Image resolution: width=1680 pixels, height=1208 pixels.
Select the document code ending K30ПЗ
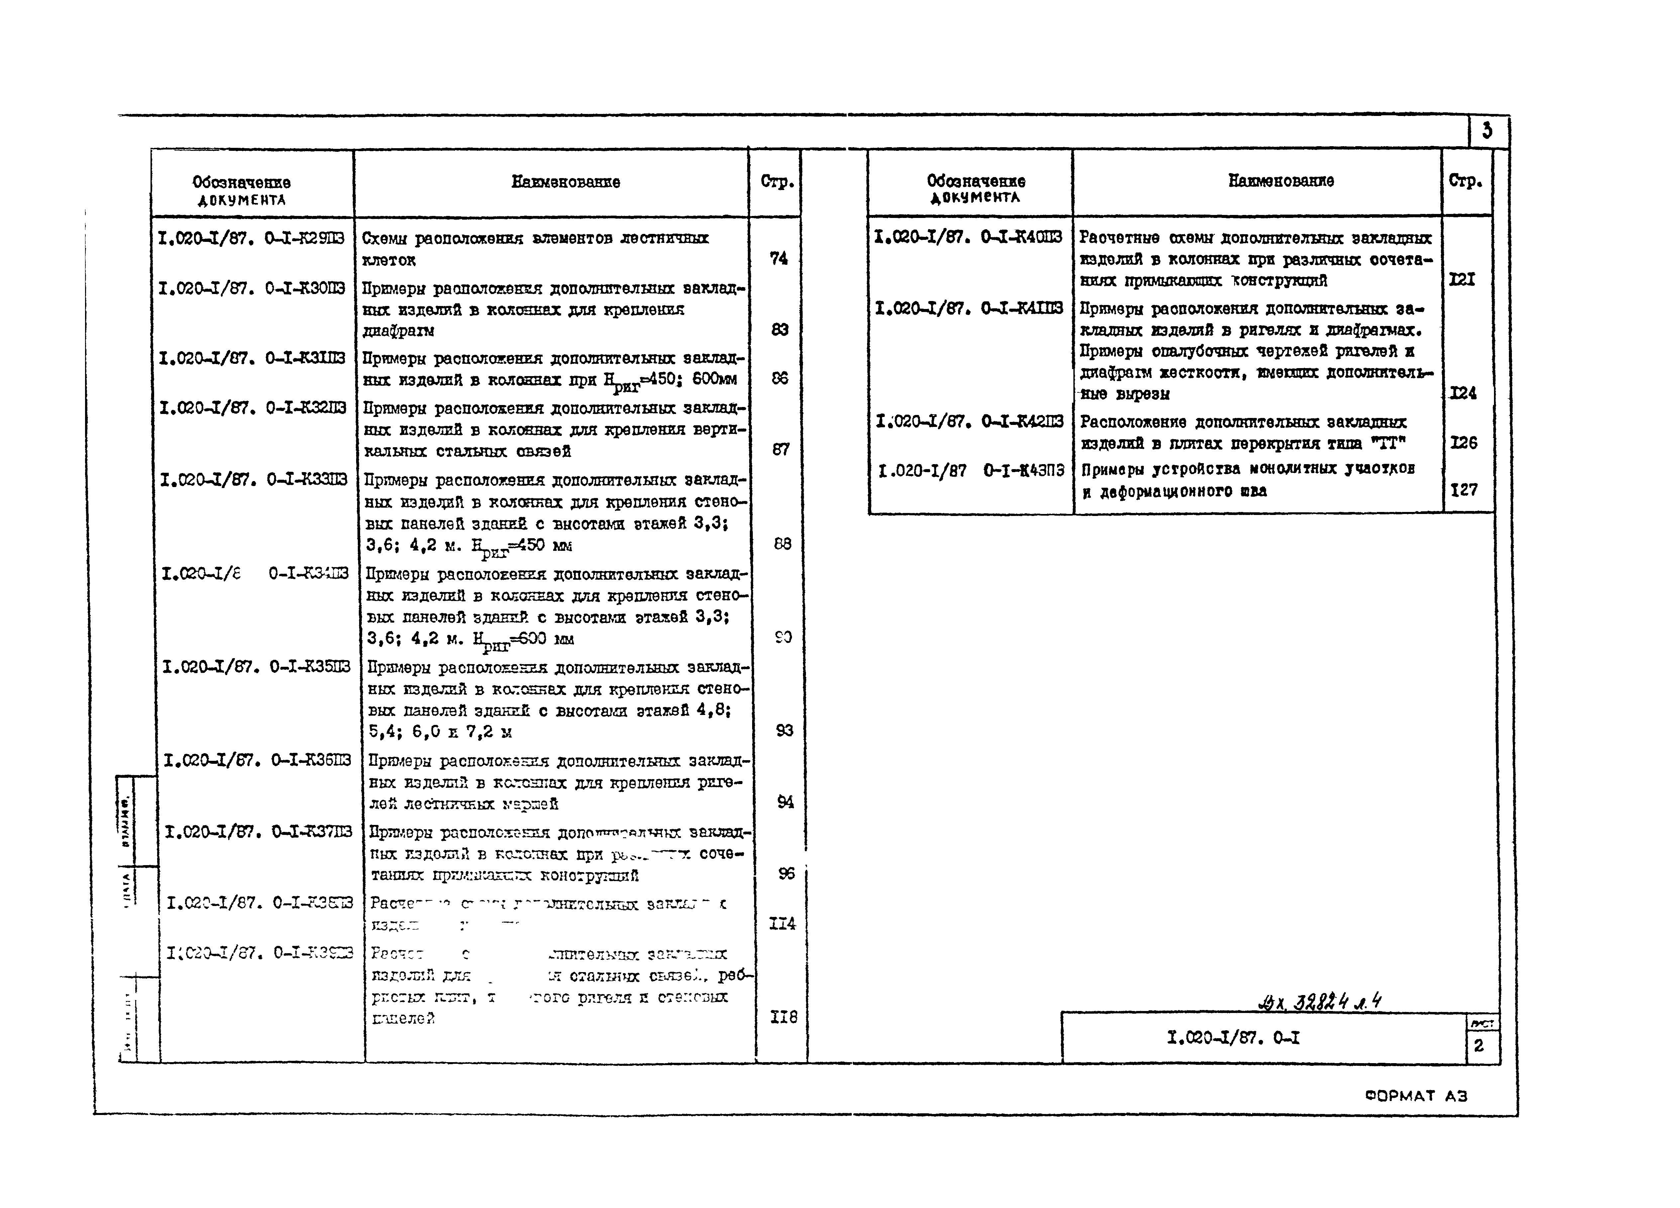pos(252,288)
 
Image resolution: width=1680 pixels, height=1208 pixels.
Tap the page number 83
pos(779,330)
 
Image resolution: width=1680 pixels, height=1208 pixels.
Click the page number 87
pos(781,450)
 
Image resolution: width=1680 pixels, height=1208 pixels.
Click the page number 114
pos(782,924)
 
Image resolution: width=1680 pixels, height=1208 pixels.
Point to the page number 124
pos(1462,393)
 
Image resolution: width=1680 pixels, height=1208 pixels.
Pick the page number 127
pos(1464,490)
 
